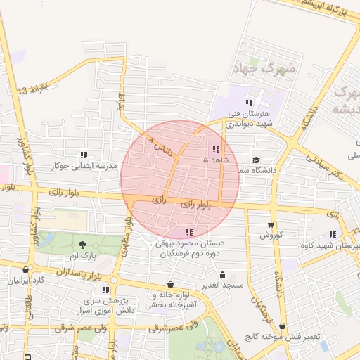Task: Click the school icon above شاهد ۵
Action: (x=214, y=149)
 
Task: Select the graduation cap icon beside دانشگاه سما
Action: (x=256, y=160)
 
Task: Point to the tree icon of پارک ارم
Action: (x=84, y=244)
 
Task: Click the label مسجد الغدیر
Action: (x=220, y=285)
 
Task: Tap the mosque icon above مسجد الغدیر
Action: (x=222, y=275)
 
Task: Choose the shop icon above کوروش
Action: (x=270, y=225)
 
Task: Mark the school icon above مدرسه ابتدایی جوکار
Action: (x=84, y=155)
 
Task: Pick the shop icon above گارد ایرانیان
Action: (x=26, y=269)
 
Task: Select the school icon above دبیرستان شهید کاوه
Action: (x=332, y=235)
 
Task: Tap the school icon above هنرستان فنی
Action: (x=249, y=103)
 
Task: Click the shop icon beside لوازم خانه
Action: (x=171, y=284)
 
